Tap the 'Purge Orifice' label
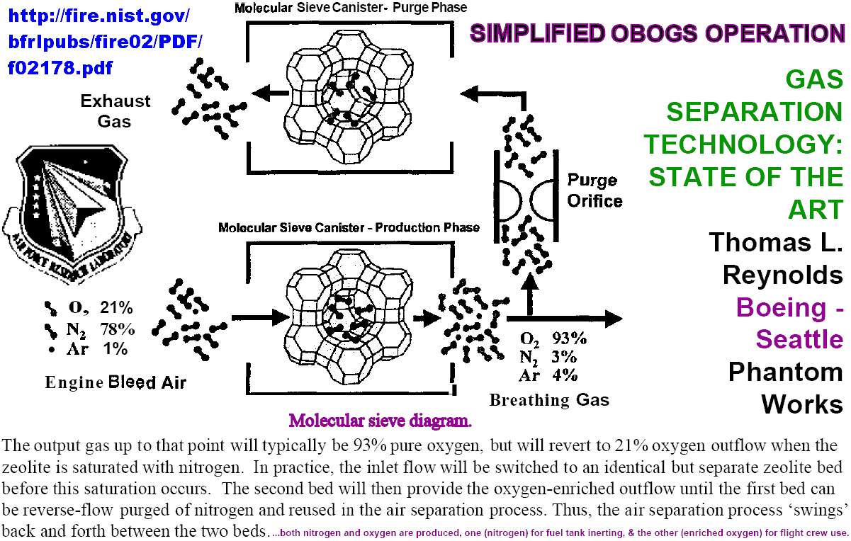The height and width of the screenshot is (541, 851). pyautogui.click(x=594, y=190)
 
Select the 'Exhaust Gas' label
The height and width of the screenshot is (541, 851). pyautogui.click(x=115, y=110)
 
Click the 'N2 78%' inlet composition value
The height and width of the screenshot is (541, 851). pyautogui.click(x=91, y=329)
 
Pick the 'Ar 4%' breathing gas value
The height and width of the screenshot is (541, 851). pyautogui.click(x=548, y=375)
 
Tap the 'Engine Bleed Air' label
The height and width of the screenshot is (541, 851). pyautogui.click(x=115, y=382)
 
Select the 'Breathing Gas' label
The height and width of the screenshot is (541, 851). pyautogui.click(x=549, y=400)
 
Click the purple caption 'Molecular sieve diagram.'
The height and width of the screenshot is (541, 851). pyautogui.click(x=380, y=421)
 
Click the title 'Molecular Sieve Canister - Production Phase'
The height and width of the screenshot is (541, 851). pyautogui.click(x=349, y=228)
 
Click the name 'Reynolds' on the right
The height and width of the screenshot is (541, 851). pyautogui.click(x=782, y=275)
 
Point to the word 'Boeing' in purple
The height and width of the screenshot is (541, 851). pyautogui.click(x=780, y=307)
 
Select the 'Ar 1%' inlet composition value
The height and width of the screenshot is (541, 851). pyautogui.click(x=88, y=348)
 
